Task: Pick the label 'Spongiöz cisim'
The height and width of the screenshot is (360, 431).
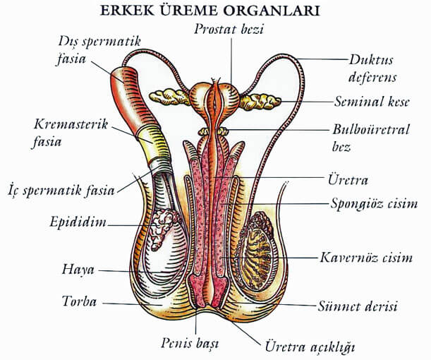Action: point(375,205)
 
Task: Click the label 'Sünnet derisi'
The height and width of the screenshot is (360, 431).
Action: point(367,306)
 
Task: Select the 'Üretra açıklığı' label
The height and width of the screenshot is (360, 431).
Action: point(309,347)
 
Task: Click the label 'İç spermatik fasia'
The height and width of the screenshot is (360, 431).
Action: point(61,191)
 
